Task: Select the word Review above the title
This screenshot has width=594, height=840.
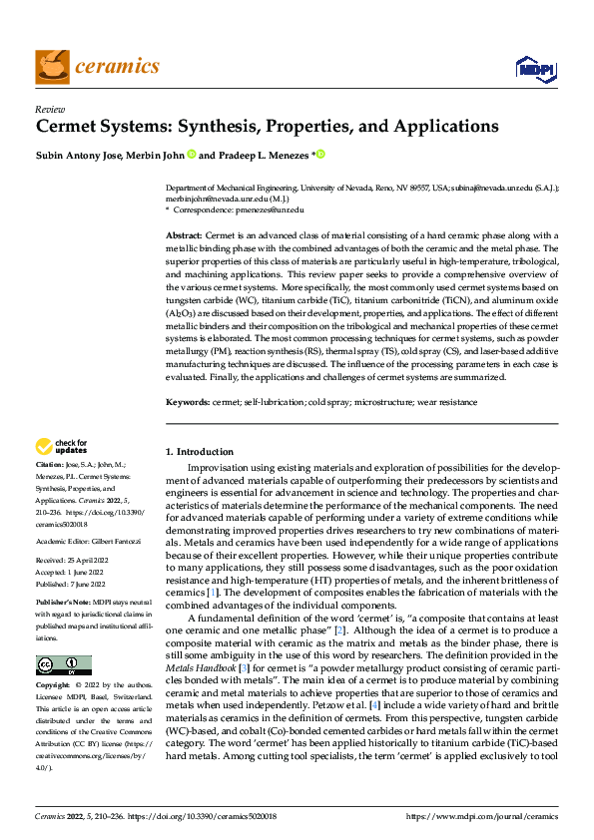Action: click(x=49, y=109)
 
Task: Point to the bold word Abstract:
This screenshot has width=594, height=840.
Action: click(x=184, y=232)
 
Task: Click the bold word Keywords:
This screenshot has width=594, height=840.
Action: click(x=188, y=401)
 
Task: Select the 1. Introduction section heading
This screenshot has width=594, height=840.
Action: click(x=200, y=451)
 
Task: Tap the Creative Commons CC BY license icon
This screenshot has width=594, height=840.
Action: click(x=63, y=665)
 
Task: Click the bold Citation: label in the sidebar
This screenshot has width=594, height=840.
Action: click(x=50, y=466)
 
